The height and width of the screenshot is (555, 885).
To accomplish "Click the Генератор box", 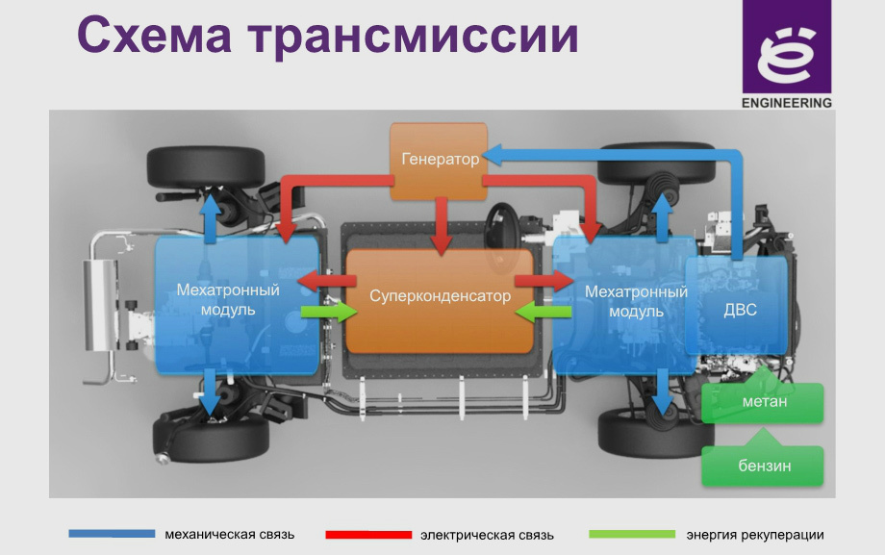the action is click(439, 161).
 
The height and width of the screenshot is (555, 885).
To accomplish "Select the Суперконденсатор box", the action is click(440, 300).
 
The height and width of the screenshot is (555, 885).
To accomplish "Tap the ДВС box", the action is click(737, 306).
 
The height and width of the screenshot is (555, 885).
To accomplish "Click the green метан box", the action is click(763, 403).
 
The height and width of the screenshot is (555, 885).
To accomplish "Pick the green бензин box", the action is click(763, 466).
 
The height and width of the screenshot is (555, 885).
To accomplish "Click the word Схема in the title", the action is click(154, 35).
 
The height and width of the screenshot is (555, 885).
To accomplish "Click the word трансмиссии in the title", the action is click(414, 37).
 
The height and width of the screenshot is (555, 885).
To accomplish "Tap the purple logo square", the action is click(787, 46).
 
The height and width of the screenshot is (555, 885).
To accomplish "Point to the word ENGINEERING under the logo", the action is click(787, 103).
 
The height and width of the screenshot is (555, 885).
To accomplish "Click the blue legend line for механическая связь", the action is click(112, 534).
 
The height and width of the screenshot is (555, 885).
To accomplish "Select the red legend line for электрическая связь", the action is click(368, 535).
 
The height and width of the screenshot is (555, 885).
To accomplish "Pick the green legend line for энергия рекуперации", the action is click(632, 534).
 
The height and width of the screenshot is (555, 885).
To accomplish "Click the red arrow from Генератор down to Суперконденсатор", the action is click(442, 226).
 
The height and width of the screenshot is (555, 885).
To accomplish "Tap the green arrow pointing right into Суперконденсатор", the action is click(329, 311).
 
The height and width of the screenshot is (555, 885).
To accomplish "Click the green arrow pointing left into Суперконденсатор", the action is click(544, 311).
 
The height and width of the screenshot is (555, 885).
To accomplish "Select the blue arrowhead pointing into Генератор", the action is click(493, 155).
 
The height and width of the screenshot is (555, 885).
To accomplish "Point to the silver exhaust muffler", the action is click(100, 304).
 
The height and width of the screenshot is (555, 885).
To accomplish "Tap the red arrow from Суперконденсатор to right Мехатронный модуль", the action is click(544, 281).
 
